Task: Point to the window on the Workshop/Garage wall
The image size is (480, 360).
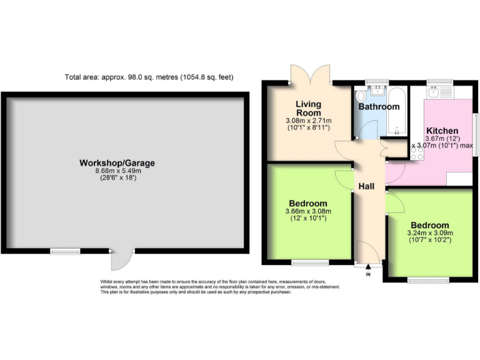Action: (x=65, y=251)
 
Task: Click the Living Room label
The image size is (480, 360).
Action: (x=308, y=107)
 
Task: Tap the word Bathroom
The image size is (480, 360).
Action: (x=379, y=106)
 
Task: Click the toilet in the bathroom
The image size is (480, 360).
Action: (x=361, y=97)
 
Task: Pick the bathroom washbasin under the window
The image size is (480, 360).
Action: (x=377, y=91)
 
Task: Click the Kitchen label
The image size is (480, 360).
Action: (x=442, y=131)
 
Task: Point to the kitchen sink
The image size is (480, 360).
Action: (x=446, y=92)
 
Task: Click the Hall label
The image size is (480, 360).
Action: (x=366, y=187)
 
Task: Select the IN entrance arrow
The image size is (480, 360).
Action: (x=367, y=269)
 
